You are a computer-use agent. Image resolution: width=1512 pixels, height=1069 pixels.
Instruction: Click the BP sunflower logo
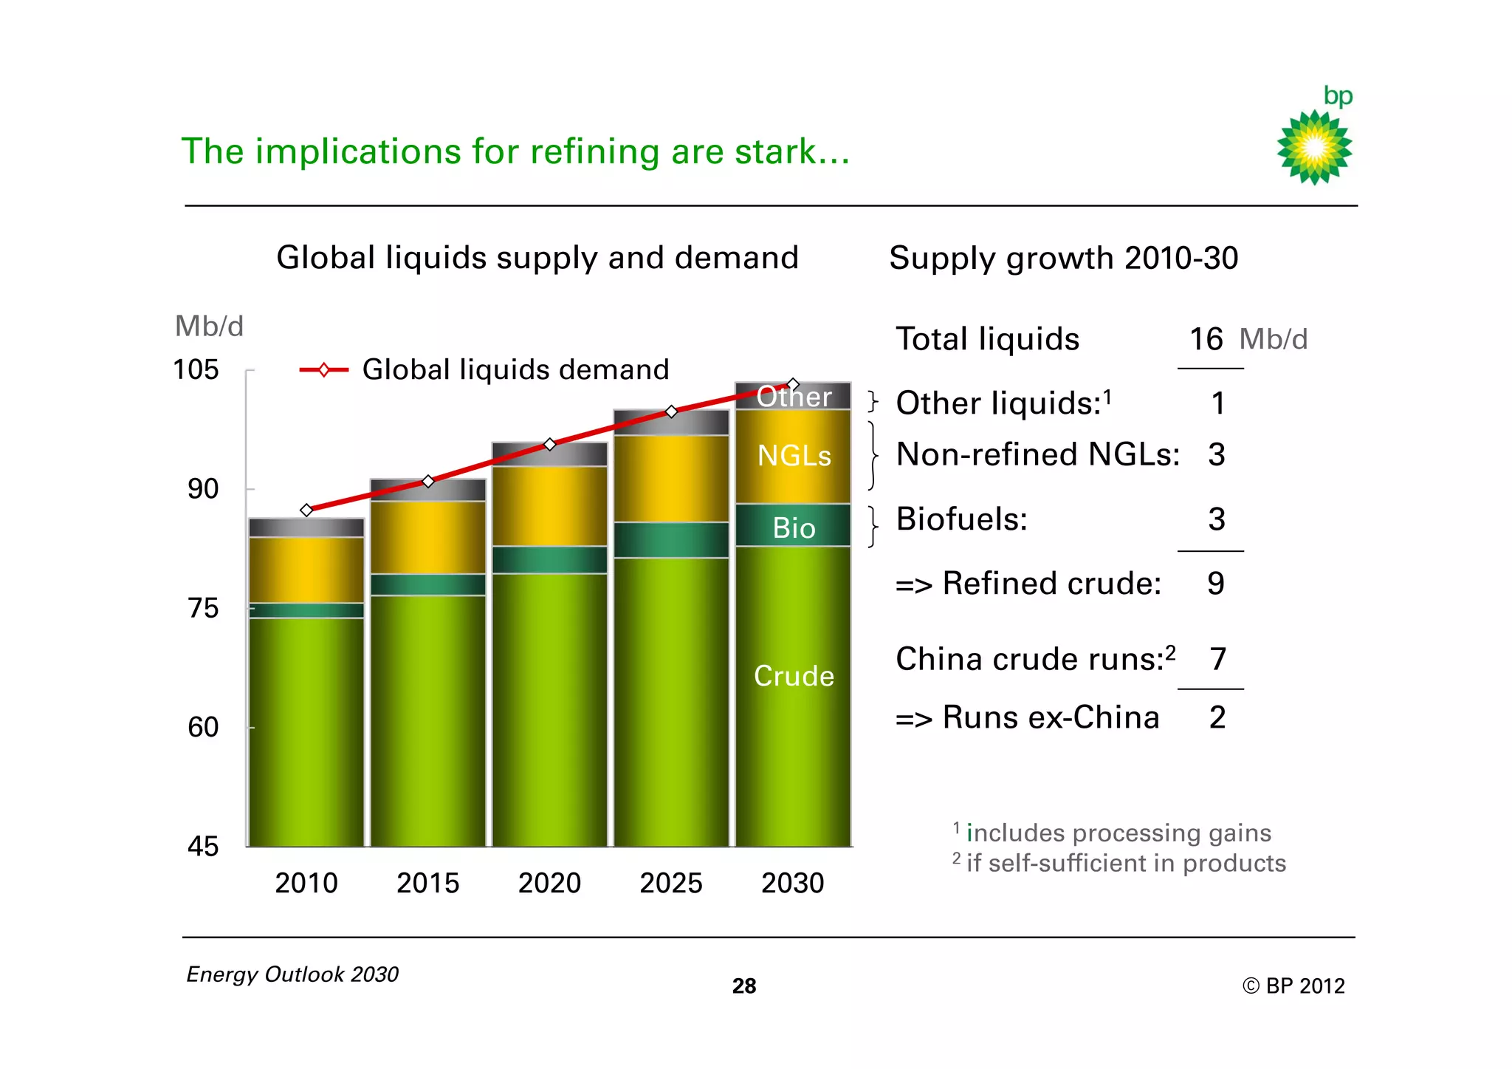(x=1314, y=147)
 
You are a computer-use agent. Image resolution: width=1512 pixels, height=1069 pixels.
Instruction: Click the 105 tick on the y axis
(x=196, y=369)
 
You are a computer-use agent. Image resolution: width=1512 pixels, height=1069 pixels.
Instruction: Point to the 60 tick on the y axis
(x=203, y=728)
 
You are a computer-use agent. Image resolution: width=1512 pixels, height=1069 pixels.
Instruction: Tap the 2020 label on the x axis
(x=549, y=883)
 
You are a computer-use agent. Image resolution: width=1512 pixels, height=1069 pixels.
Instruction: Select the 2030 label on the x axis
(x=792, y=883)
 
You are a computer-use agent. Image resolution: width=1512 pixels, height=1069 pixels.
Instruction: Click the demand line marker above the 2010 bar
(x=306, y=510)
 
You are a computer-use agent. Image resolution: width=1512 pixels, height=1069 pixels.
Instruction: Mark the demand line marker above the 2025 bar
(x=671, y=411)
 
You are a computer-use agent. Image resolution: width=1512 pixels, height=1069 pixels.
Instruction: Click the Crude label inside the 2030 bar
(x=794, y=676)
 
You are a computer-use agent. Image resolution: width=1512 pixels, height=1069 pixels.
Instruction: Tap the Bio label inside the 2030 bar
(x=794, y=528)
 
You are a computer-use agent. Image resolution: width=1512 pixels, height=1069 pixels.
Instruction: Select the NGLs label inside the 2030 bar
(x=794, y=456)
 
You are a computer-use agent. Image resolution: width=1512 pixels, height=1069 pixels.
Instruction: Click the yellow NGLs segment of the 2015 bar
(x=428, y=537)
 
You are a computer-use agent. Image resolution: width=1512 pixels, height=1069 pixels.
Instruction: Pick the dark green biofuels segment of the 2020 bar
(x=549, y=560)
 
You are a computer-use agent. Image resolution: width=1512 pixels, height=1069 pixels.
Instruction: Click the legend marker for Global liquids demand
(x=323, y=369)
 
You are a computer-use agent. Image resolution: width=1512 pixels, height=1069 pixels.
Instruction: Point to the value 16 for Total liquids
(x=1206, y=339)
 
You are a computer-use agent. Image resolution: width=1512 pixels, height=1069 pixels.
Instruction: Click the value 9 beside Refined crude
(x=1216, y=584)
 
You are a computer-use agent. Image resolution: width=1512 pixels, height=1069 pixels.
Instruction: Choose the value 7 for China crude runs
(x=1217, y=659)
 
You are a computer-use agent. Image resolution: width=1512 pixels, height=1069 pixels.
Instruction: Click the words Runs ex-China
(x=1051, y=717)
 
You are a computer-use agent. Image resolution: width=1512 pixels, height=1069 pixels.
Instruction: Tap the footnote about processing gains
(x=1118, y=833)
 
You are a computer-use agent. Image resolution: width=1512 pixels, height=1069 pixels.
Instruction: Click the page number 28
(x=744, y=986)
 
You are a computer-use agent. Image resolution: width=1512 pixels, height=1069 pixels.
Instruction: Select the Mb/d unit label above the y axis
(x=209, y=326)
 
